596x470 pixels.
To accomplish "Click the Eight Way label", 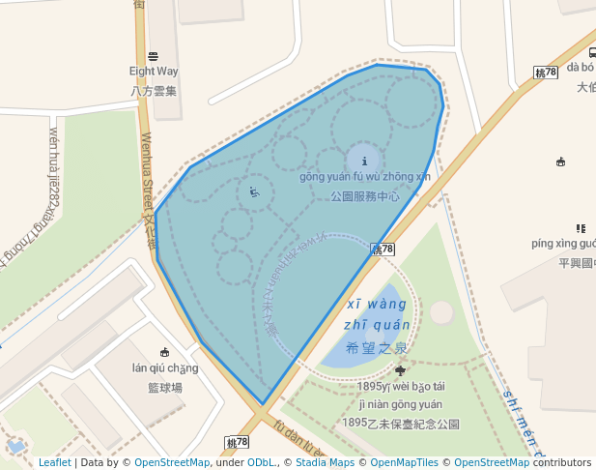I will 154,72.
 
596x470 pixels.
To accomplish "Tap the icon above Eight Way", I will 154,55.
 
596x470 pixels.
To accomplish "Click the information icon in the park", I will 363,161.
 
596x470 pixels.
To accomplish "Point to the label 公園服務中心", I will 364,195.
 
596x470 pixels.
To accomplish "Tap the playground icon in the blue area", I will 254,191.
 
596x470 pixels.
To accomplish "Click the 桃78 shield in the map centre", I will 383,250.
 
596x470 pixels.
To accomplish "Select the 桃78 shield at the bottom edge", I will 237,442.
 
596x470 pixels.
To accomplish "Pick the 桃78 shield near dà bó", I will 547,73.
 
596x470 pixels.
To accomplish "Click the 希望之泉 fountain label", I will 378,347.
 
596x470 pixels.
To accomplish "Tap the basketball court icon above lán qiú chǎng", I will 165,351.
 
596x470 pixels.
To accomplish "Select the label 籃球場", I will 165,387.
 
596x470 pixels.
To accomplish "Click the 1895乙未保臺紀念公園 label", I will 400,424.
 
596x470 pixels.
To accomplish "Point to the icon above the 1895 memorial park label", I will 400,370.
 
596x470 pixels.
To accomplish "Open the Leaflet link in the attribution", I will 55,463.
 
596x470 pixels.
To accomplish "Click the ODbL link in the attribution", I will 260,463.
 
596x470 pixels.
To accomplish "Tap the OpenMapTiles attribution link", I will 406,463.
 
